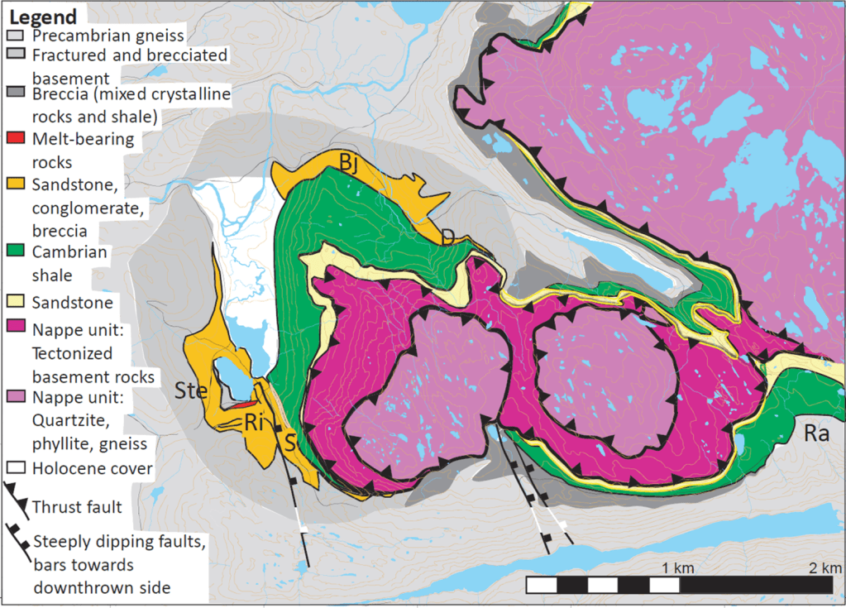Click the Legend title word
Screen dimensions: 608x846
tap(42, 17)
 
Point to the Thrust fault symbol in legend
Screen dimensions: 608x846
tap(17, 498)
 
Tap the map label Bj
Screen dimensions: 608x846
tap(349, 162)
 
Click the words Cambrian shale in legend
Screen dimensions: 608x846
tap(70, 263)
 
